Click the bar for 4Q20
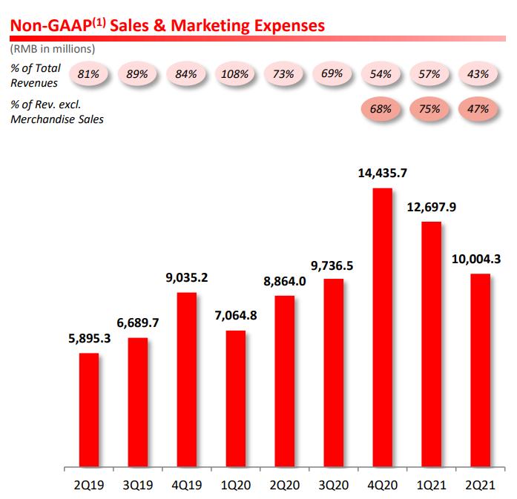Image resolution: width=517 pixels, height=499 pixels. pos(382,328)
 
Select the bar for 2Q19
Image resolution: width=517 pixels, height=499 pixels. pos(88,411)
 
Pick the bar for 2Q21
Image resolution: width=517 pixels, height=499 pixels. pos(479,371)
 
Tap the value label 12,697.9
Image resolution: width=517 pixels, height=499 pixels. pos(431,208)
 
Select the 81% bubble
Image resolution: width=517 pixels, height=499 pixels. pos(89,74)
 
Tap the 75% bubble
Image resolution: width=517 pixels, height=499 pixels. pos(430,109)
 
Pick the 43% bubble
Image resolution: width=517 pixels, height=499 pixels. pos(479,74)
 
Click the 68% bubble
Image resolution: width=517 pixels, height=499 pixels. pos(381,109)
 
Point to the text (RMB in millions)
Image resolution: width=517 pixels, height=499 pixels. pos(52,49)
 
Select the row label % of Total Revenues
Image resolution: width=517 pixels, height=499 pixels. pos(36,75)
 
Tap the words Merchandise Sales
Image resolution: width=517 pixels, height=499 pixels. pos(56,119)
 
